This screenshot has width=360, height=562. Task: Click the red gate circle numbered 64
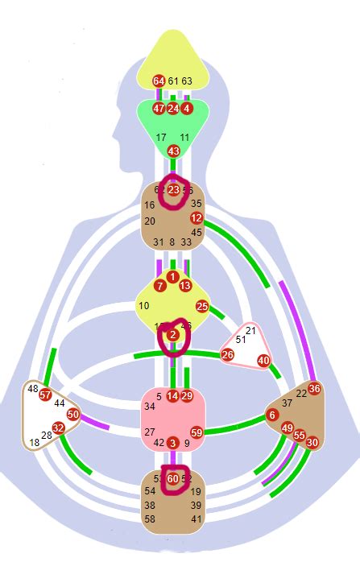coord(159,81)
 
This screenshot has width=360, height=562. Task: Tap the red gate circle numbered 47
coord(159,108)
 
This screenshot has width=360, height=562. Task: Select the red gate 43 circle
coord(173,151)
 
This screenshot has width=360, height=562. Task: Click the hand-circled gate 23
coord(173,190)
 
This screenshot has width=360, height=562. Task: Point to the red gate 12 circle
coord(197,218)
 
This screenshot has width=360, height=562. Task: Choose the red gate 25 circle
coord(202,306)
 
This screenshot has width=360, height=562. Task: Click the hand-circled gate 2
coord(172,335)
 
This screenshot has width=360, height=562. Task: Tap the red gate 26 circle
coord(228,354)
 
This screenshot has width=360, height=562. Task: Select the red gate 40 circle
coord(263,361)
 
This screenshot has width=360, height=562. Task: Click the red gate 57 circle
coord(46,395)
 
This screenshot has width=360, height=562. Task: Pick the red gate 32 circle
coord(58,428)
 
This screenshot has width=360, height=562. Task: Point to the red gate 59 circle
coord(197,432)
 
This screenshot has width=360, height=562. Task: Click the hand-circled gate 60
coord(173,478)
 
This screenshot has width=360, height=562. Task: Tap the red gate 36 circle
coord(314,389)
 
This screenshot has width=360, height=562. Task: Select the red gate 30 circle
coord(312,442)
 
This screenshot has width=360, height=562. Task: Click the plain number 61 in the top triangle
coord(173,81)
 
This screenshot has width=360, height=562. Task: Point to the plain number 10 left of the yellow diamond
coord(144,306)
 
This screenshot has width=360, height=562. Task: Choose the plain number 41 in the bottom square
coord(197,519)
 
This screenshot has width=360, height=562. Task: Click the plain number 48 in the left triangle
coord(33,389)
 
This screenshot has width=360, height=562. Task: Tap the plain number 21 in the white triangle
coord(250,331)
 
